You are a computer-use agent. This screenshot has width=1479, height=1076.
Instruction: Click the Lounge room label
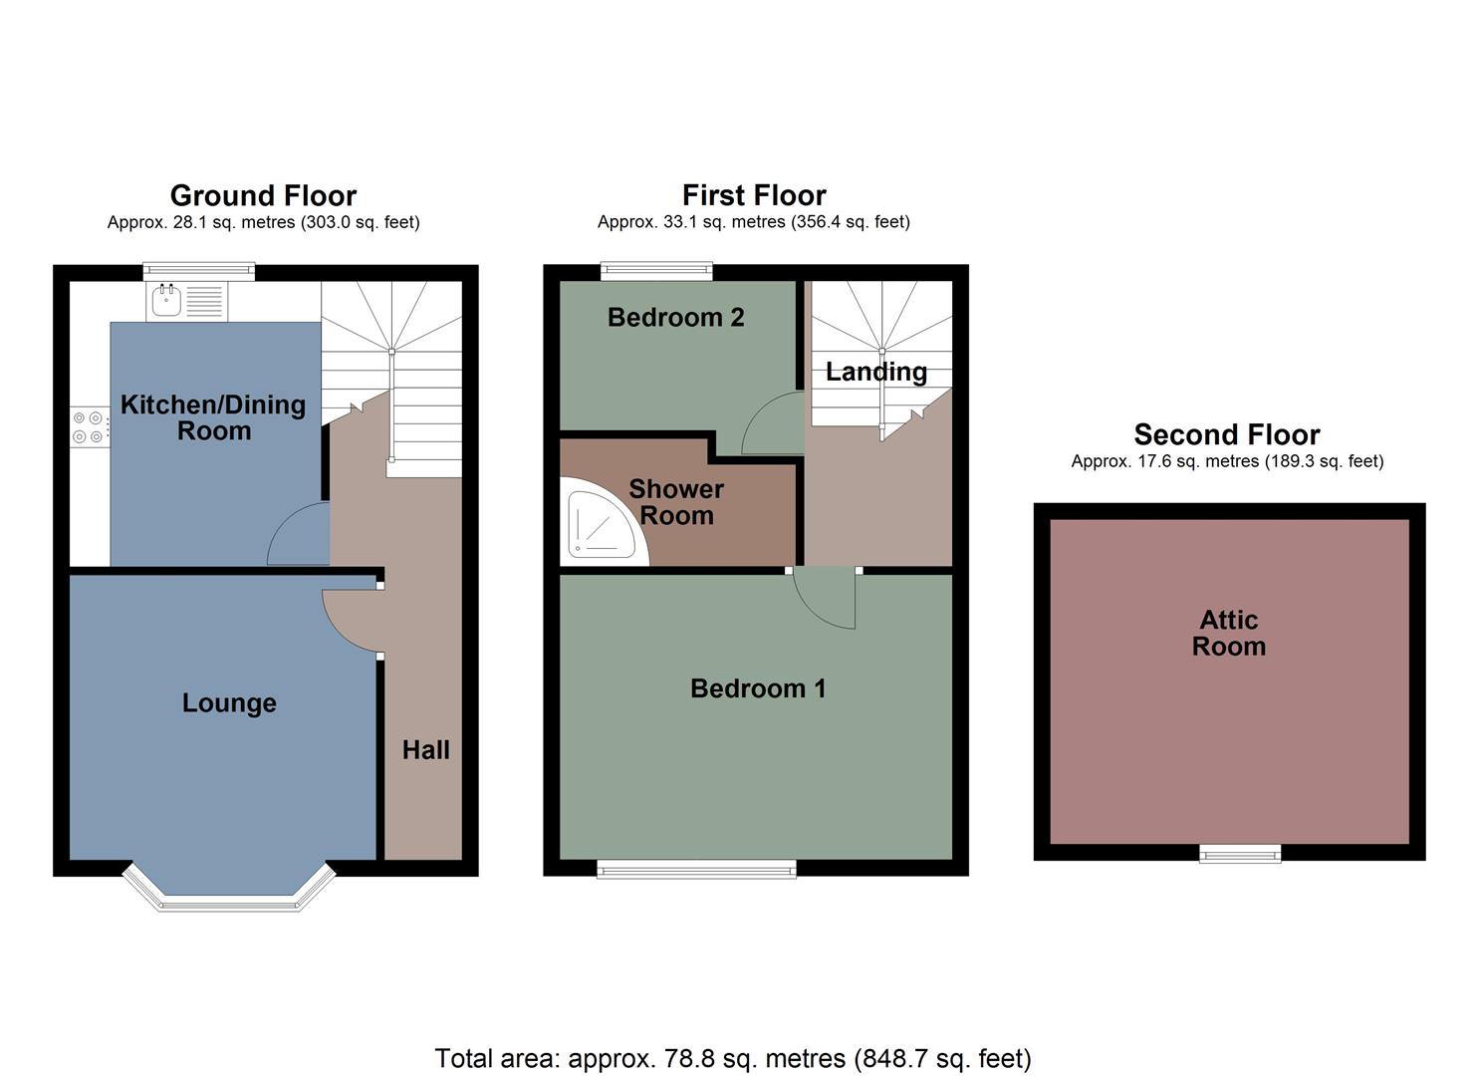pyautogui.click(x=229, y=703)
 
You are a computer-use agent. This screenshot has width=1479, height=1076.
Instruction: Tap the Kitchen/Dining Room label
pyautogui.click(x=213, y=417)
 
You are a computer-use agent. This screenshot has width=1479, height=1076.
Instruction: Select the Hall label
pyautogui.click(x=425, y=750)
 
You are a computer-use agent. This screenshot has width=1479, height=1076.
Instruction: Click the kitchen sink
pyautogui.click(x=165, y=300)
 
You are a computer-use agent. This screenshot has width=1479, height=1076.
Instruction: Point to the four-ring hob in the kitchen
pyautogui.click(x=88, y=427)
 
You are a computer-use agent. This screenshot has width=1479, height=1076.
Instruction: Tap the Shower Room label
pyautogui.click(x=676, y=502)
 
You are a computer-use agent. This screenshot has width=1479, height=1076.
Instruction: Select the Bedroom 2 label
pyautogui.click(x=675, y=318)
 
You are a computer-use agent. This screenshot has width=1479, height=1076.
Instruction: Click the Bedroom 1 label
pyautogui.click(x=758, y=688)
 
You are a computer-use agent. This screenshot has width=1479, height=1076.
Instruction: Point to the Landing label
pyautogui.click(x=876, y=372)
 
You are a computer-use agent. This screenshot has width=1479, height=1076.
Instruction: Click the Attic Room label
pyautogui.click(x=1229, y=633)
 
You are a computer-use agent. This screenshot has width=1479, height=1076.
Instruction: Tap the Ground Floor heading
pyautogui.click(x=263, y=195)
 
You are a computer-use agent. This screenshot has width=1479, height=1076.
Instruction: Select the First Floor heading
pyautogui.click(x=754, y=195)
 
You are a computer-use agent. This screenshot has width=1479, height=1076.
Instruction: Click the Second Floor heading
pyautogui.click(x=1227, y=434)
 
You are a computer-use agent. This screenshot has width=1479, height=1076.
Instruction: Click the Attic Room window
pyautogui.click(x=1240, y=853)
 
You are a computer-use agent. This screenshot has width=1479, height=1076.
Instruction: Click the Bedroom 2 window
pyautogui.click(x=656, y=269)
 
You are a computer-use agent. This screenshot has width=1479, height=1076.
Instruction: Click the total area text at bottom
pyautogui.click(x=733, y=1058)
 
